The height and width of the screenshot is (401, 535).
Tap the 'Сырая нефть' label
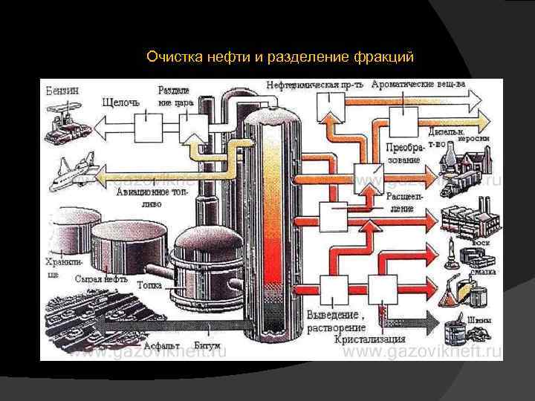coord(101,281)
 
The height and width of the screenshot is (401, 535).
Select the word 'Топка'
coord(149,284)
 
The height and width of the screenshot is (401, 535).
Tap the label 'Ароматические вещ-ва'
coord(418,84)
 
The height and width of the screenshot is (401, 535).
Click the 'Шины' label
coord(484,319)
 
